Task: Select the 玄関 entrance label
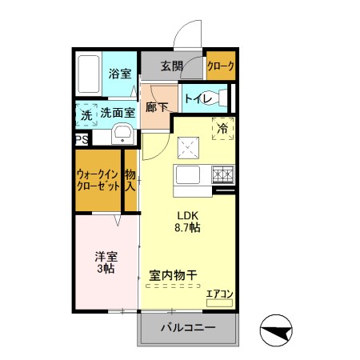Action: (x=173, y=66)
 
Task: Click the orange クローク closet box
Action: (x=220, y=67)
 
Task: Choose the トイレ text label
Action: (x=196, y=98)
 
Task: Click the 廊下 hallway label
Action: (x=157, y=106)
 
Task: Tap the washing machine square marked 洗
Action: (x=86, y=114)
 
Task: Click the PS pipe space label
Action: (x=81, y=139)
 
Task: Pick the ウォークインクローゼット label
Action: (x=98, y=179)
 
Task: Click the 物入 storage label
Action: (x=130, y=179)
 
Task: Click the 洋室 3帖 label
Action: (x=106, y=262)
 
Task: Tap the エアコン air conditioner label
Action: (x=219, y=294)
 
